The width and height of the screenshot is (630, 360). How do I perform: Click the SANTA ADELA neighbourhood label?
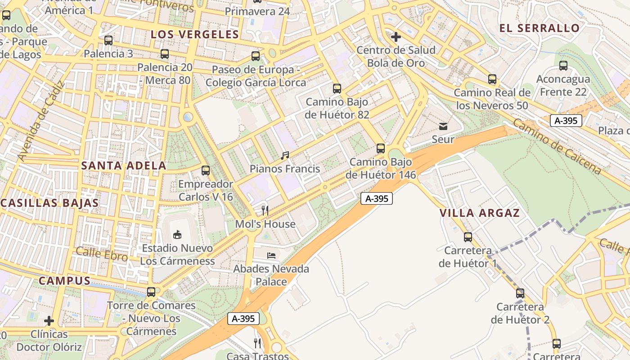point(124,166)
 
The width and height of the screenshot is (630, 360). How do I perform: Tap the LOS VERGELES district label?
point(194,35)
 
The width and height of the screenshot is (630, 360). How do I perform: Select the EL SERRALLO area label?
point(540,28)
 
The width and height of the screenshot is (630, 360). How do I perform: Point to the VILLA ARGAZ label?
point(480,213)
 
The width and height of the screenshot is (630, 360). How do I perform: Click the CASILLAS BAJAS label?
point(49,203)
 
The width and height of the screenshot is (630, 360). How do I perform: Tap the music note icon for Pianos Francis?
point(284,156)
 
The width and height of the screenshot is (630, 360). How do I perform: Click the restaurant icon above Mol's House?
point(265,210)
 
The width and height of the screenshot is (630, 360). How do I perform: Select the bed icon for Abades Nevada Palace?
point(271,255)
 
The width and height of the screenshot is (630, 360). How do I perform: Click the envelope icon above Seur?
point(443,126)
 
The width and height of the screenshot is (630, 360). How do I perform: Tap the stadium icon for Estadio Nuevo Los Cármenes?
point(177,234)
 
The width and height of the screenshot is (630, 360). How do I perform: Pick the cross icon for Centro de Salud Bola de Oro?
point(396,37)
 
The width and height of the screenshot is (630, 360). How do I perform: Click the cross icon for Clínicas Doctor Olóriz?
point(49,321)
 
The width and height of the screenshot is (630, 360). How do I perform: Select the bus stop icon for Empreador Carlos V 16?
point(206,171)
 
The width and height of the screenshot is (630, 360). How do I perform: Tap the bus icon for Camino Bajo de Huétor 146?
point(381,148)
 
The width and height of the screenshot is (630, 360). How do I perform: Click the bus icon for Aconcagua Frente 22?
point(563,66)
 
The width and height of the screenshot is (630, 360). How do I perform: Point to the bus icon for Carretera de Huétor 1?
point(468,237)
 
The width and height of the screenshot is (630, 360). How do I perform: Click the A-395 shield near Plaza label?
point(566,121)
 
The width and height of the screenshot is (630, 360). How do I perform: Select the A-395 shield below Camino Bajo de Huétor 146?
point(377,198)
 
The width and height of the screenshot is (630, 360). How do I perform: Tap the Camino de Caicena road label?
point(557,147)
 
